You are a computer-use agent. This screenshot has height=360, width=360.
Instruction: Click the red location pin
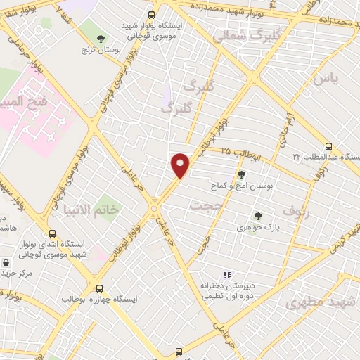pos(181,165)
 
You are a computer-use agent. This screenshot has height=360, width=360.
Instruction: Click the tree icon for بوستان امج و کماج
pos(241,174)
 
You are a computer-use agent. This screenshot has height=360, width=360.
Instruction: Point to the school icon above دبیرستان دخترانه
pos(226,275)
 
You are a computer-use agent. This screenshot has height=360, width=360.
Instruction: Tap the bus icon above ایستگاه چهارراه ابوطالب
pos(98,288)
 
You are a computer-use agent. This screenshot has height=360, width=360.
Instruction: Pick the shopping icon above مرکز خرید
pos(6,261)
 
